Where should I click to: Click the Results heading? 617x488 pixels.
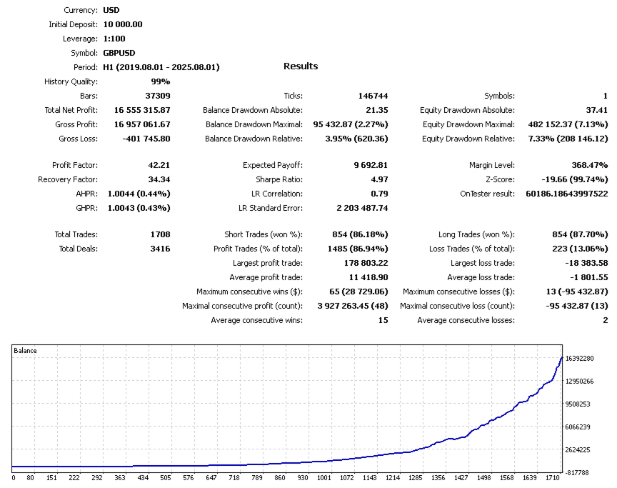(x=301, y=66)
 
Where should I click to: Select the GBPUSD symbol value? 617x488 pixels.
(x=119, y=53)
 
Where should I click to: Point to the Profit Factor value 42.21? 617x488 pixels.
(x=158, y=165)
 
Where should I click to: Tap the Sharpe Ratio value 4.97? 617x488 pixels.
(x=379, y=179)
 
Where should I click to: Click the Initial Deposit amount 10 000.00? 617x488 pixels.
(x=123, y=24)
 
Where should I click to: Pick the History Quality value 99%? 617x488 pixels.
(x=160, y=81)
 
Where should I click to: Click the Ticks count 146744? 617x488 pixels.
(x=373, y=96)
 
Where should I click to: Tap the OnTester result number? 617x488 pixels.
(x=566, y=194)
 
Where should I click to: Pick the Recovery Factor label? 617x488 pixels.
(x=68, y=179)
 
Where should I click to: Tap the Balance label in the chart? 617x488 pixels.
(x=26, y=351)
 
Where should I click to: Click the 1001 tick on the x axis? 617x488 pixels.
(x=324, y=477)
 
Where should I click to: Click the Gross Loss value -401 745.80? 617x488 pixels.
(x=146, y=139)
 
